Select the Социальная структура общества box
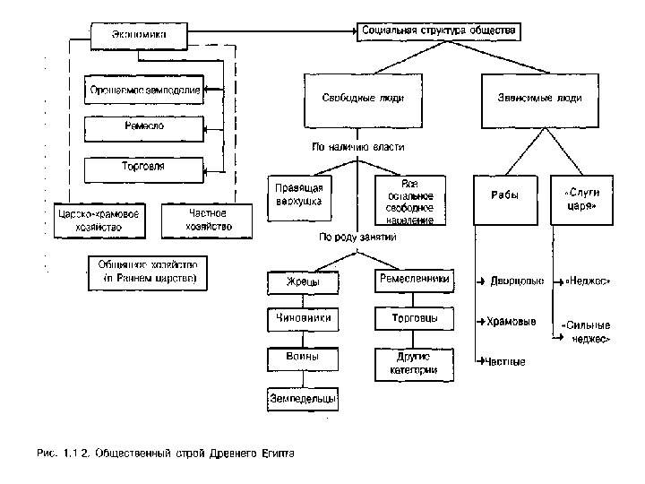click(438, 30)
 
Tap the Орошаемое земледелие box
click(143, 90)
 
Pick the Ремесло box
click(143, 128)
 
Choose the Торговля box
click(143, 168)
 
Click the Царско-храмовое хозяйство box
click(99, 220)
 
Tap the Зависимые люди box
click(539, 99)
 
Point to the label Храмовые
click(512, 320)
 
